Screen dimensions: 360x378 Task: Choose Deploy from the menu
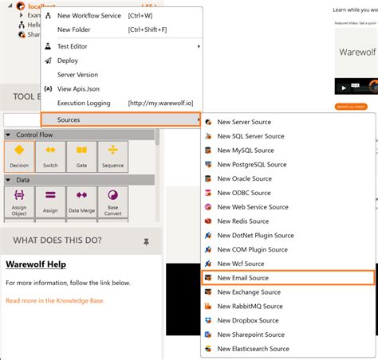(x=69, y=61)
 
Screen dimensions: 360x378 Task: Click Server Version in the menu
(x=79, y=75)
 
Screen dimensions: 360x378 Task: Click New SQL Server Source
(x=250, y=137)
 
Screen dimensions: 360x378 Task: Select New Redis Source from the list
(x=243, y=221)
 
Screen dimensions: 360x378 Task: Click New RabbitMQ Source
(x=250, y=306)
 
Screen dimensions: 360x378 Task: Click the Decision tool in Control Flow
(x=18, y=155)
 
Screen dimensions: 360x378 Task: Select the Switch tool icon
(x=50, y=155)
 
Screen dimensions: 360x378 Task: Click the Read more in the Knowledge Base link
(x=55, y=301)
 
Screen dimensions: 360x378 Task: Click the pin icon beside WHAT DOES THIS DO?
(x=146, y=241)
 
